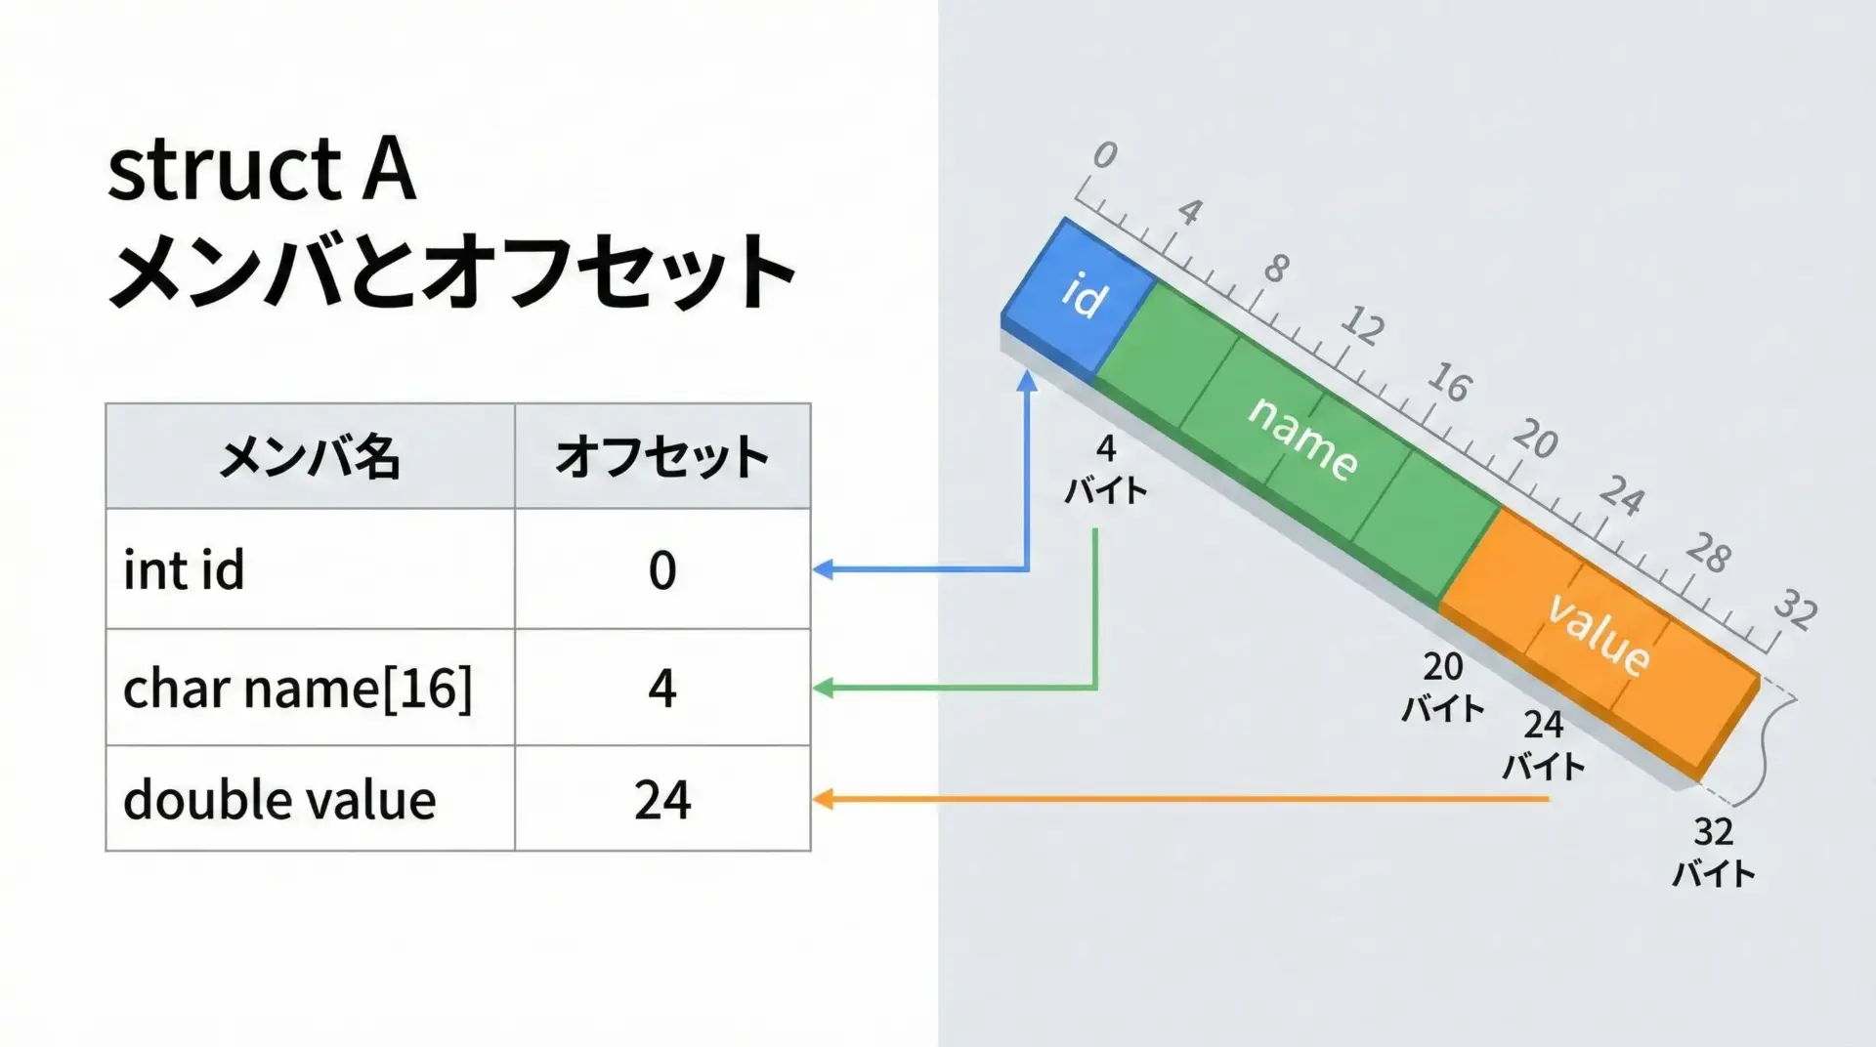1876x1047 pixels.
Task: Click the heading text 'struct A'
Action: tap(262, 171)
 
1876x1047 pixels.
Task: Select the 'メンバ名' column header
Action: tap(310, 456)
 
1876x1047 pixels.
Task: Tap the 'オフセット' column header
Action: tap(661, 456)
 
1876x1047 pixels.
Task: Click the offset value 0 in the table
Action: tap(661, 569)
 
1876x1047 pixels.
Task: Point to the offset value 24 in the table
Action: tap(661, 800)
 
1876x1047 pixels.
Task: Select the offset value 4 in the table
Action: tap(661, 689)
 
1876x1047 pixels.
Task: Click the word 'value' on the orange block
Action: tap(1599, 633)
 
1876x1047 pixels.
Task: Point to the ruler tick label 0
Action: tap(1104, 154)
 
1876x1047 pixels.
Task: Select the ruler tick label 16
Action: tap(1449, 382)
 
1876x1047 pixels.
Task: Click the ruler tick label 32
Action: tap(1796, 607)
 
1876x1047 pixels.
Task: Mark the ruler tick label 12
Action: tap(1362, 324)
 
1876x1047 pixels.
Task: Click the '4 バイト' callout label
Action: tap(1105, 470)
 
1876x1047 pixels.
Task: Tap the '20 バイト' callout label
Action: tap(1443, 688)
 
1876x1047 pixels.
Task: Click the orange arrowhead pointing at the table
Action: tap(823, 800)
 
